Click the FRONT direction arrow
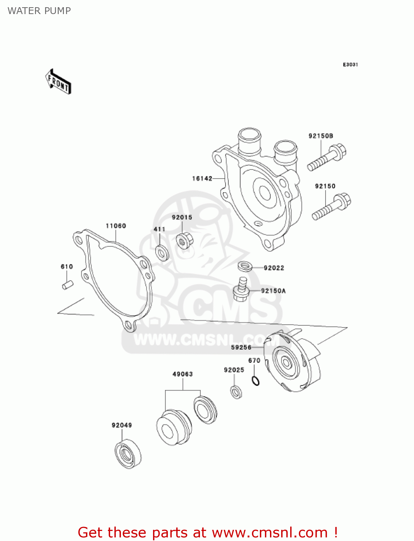58,82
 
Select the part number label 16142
202,178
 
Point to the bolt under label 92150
331,207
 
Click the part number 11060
116,226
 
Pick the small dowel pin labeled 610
67,285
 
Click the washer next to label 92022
245,267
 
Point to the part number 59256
241,347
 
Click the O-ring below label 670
256,380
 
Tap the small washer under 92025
236,392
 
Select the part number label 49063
182,374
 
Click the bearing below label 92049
128,454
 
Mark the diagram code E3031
350,65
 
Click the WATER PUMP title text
39,11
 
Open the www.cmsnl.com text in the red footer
270,532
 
